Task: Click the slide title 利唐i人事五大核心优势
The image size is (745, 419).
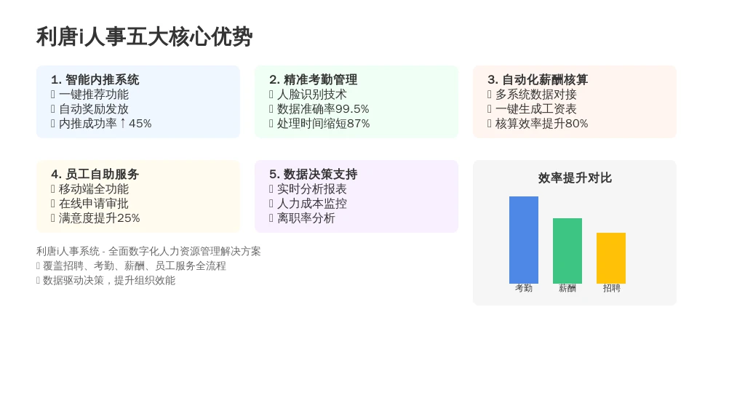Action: (145, 37)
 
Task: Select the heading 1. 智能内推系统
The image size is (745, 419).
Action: (95, 80)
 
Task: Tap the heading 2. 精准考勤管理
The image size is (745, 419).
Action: (313, 80)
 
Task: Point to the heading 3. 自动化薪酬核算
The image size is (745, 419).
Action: (538, 80)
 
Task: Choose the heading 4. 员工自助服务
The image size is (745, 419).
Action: (95, 175)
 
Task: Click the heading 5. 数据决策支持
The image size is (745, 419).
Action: (313, 175)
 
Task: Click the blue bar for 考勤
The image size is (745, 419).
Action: (524, 240)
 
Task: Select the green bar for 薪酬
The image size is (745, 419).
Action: (567, 251)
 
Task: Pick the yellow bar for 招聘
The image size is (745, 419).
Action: (611, 258)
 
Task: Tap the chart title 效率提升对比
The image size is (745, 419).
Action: (575, 178)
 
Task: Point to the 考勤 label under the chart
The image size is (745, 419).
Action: (524, 288)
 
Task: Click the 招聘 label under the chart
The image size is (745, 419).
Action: (611, 288)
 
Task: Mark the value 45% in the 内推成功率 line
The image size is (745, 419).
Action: (140, 124)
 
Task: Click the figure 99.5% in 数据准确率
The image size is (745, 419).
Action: (352, 109)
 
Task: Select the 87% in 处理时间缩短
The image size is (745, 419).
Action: (358, 124)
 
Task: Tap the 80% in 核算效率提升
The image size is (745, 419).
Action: (576, 124)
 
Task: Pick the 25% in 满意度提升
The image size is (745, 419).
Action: (128, 218)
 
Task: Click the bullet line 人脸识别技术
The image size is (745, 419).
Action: (311, 95)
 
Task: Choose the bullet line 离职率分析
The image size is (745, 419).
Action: (306, 218)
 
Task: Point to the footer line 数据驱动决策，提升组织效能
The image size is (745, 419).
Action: (109, 280)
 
